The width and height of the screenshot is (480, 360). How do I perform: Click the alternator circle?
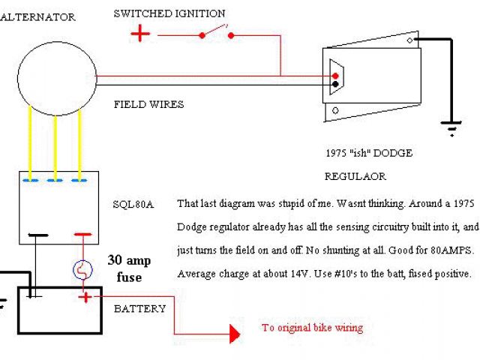[57, 78]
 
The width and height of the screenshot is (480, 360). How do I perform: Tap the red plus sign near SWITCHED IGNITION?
[140, 34]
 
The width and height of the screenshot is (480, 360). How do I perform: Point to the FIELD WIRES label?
[148, 104]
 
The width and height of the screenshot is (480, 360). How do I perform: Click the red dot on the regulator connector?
[335, 76]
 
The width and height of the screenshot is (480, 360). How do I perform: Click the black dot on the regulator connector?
[335, 84]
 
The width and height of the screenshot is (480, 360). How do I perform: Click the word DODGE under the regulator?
[394, 154]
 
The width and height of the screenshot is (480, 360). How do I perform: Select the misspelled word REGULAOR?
[355, 176]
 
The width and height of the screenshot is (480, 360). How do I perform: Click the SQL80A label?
[133, 204]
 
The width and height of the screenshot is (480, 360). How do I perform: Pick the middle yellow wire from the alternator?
[55, 143]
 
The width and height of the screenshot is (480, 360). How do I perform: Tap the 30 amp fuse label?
[127, 269]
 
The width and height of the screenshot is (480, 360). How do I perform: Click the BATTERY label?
[140, 308]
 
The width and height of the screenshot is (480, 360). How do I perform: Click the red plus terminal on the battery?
[86, 298]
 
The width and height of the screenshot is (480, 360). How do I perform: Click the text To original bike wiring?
[312, 328]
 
